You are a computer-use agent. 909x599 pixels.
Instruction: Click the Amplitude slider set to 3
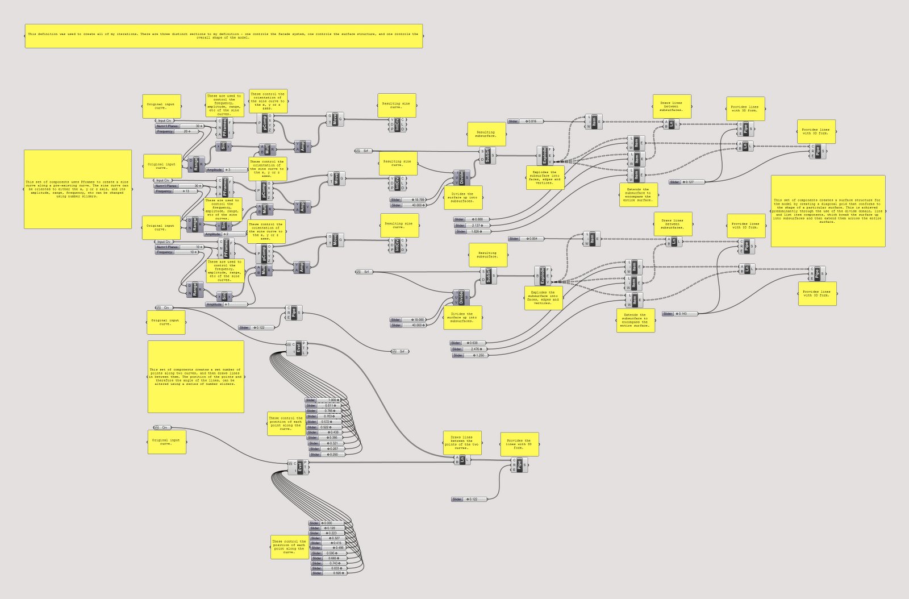pos(227,170)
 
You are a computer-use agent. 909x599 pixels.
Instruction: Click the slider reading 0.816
pos(526,121)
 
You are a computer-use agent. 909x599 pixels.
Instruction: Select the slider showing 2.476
pos(469,349)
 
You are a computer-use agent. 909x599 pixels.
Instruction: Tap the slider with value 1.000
pos(323,400)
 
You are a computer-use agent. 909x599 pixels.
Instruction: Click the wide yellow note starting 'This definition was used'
pos(224,36)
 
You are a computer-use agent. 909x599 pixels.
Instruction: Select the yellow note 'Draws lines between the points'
pos(462,443)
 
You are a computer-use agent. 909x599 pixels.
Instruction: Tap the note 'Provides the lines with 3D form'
pos(519,444)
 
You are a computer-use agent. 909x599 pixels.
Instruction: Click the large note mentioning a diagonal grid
pos(828,211)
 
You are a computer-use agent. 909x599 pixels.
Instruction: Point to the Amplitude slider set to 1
pos(226,305)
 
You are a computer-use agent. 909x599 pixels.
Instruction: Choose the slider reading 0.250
pos(327,454)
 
